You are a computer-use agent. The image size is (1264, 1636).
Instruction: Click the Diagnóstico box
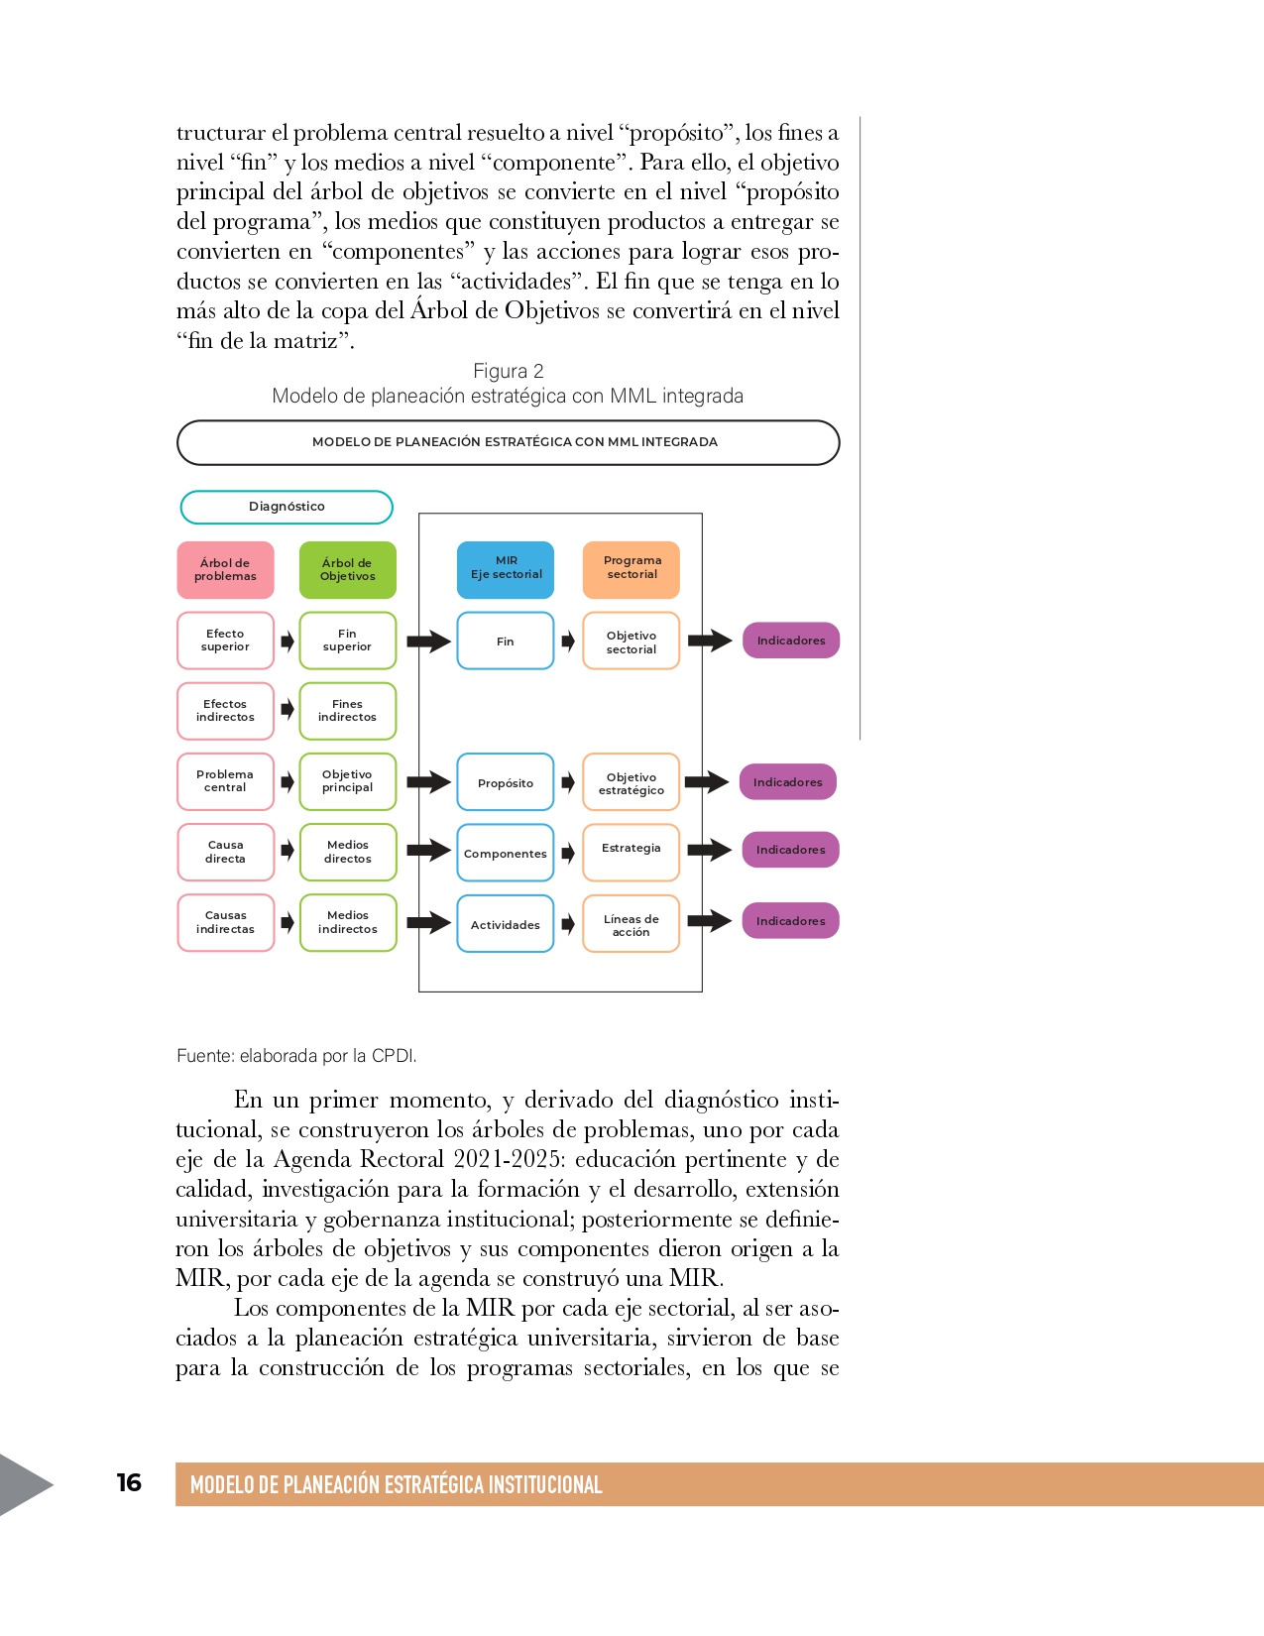pyautogui.click(x=287, y=507)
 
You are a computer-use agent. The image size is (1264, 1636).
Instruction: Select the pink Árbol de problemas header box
pyautogui.click(x=225, y=570)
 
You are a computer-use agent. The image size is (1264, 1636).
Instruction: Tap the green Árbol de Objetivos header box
pyautogui.click(x=348, y=570)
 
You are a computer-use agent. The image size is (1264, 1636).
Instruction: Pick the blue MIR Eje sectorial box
pyautogui.click(x=506, y=569)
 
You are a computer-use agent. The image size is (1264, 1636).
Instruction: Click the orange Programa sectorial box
pyautogui.click(x=632, y=569)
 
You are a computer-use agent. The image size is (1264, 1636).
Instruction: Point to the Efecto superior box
pyautogui.click(x=225, y=641)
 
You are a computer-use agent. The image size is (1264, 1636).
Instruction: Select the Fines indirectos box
pyautogui.click(x=348, y=711)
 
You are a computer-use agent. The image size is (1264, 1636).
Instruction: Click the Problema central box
pyautogui.click(x=225, y=781)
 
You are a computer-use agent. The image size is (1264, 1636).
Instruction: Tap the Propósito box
pyautogui.click(x=506, y=782)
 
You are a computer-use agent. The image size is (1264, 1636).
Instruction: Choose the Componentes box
pyautogui.click(x=506, y=853)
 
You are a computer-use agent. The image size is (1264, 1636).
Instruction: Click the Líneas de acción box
pyautogui.click(x=632, y=924)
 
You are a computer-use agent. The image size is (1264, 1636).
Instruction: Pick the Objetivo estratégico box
pyautogui.click(x=632, y=782)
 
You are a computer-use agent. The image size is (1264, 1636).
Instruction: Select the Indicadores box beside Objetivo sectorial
pyautogui.click(x=791, y=641)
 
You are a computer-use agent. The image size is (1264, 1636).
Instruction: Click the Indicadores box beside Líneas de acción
pyautogui.click(x=791, y=921)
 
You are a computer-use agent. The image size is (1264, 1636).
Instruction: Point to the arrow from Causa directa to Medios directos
pyautogui.click(x=287, y=851)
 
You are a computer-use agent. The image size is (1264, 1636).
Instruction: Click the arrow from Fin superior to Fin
pyautogui.click(x=428, y=642)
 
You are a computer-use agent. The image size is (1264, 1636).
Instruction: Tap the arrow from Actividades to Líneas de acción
pyautogui.click(x=568, y=924)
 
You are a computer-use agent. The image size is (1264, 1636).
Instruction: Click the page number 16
pyautogui.click(x=129, y=1483)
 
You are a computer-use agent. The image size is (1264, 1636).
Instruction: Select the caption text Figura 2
pyautogui.click(x=508, y=371)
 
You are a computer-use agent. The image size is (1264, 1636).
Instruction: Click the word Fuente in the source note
pyautogui.click(x=204, y=1056)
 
